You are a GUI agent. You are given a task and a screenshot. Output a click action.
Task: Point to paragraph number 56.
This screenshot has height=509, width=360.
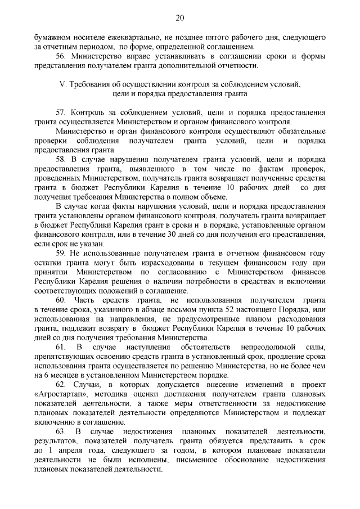[61, 56]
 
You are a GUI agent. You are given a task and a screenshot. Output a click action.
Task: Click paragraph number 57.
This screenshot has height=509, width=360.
[61, 112]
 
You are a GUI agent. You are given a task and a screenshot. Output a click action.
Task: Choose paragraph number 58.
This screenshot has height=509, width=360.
[61, 159]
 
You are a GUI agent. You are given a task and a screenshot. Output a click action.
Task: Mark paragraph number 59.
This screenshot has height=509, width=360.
[61, 253]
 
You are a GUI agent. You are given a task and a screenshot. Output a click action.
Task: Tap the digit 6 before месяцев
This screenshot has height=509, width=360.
[51, 376]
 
